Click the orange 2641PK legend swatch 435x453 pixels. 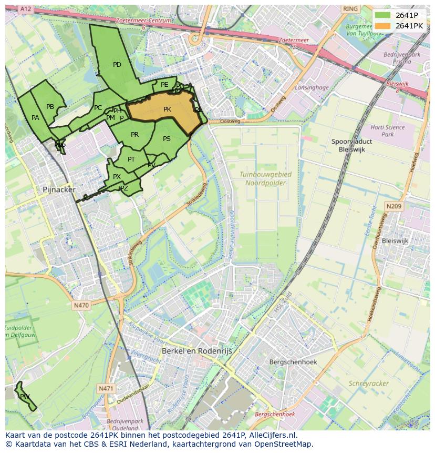point(383,25)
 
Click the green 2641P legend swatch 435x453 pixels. point(383,15)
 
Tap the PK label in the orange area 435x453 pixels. point(167,109)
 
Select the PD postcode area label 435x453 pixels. point(117,65)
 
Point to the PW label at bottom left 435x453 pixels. point(25,396)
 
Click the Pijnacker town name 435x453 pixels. point(59,189)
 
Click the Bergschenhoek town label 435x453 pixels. point(293,362)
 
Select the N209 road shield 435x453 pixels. point(394,207)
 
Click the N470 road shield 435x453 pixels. point(81,305)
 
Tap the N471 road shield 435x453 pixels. point(106,388)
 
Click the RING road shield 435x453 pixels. point(350,9)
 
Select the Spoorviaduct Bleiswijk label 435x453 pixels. point(352,145)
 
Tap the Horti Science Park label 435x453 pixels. point(388,130)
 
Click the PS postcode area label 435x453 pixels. point(167,139)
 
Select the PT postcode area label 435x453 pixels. point(131,159)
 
